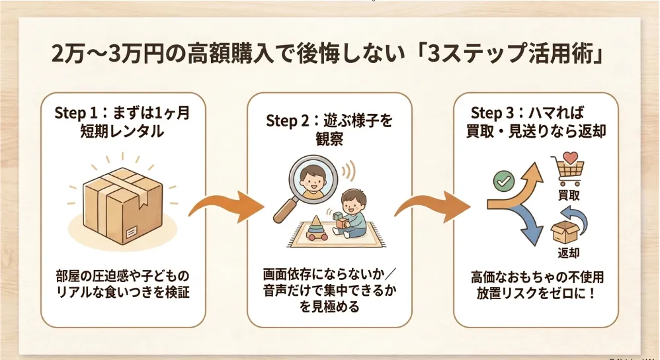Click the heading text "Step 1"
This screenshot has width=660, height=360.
pos(76,113)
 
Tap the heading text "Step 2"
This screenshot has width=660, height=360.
pos(288,121)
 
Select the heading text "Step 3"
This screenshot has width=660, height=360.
pos(493,113)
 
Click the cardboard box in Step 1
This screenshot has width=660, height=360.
pos(122,205)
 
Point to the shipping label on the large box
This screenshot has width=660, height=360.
pos(131,232)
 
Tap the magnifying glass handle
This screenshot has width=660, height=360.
pos(286,210)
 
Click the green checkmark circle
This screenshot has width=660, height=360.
pos(503,181)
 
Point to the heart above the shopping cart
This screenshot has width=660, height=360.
pos(571,158)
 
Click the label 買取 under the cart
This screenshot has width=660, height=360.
pos(569,195)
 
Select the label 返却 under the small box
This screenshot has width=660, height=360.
pos(569,253)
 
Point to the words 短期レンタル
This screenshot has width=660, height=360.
pos(122,132)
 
